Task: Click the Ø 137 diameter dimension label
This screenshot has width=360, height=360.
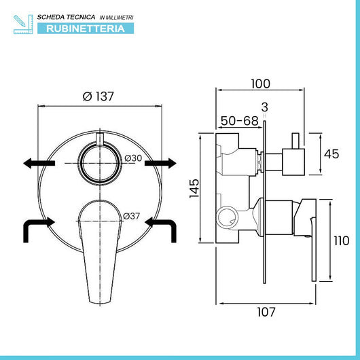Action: [98, 96]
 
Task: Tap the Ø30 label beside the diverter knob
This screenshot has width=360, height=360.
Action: [133, 158]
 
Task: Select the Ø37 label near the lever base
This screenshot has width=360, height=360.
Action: [131, 216]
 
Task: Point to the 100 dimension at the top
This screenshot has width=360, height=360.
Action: [261, 84]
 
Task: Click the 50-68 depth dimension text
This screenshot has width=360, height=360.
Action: [240, 121]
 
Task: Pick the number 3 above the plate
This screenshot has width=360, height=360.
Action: [265, 107]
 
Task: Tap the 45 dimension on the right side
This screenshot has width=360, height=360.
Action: [331, 154]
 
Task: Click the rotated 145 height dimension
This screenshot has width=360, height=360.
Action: [194, 188]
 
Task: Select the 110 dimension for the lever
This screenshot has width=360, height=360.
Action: [342, 241]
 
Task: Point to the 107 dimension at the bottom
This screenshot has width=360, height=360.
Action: [266, 312]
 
